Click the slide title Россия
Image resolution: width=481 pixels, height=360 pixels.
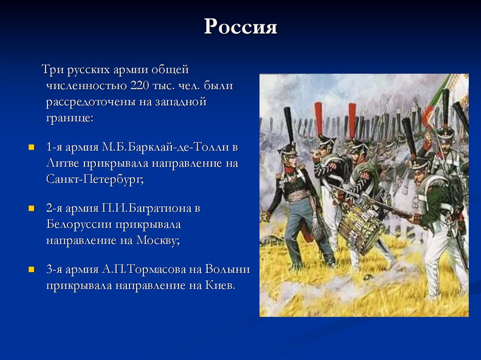click(x=240, y=27)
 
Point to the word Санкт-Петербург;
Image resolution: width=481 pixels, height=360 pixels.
click(x=94, y=179)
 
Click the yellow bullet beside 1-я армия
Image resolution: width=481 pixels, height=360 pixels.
click(x=31, y=147)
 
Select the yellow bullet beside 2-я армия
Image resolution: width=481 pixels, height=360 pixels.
click(x=31, y=208)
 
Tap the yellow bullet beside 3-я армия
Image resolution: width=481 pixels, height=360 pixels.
click(x=31, y=270)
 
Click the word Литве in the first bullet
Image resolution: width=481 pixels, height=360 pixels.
click(x=62, y=163)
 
